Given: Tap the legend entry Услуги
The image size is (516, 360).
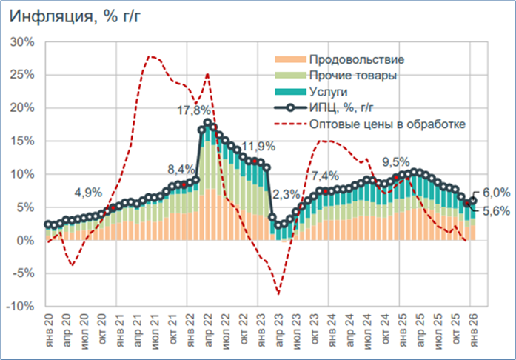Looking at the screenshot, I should point(332,92).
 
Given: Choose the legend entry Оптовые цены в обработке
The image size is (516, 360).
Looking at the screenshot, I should point(389,124).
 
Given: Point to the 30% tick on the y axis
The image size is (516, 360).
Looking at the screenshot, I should point(22,42).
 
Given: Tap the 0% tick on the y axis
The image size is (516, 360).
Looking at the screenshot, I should point(25,240).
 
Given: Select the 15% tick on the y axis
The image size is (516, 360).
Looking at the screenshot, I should point(22,108).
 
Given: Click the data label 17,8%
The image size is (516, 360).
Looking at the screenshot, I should point(194,111).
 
